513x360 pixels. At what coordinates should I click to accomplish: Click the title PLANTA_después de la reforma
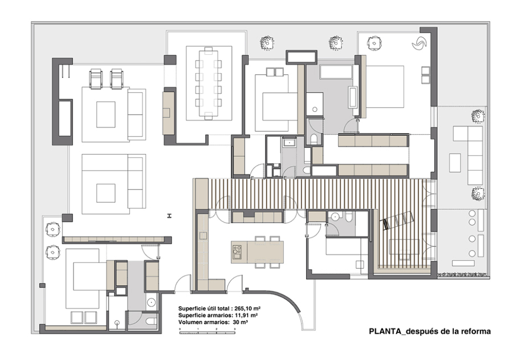pyautogui.click(x=430, y=331)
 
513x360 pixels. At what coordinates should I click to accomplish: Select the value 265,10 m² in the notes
pyautogui.click(x=247, y=309)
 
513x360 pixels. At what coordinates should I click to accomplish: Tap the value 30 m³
pyautogui.click(x=240, y=322)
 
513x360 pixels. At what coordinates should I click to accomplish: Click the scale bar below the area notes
pyautogui.click(x=207, y=333)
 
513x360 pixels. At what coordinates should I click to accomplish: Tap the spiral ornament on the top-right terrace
pyautogui.click(x=419, y=43)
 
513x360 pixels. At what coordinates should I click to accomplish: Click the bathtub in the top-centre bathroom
pyautogui.click(x=336, y=72)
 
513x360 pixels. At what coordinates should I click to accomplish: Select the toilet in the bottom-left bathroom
pyautogui.click(x=152, y=321)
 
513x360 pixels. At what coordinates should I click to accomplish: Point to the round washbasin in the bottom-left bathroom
pyautogui.click(x=151, y=302)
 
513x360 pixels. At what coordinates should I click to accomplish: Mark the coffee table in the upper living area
pyautogui.click(x=105, y=115)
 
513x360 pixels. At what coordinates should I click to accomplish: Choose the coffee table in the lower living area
pyautogui.click(x=105, y=193)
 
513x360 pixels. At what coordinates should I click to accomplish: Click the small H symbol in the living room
pyautogui.click(x=169, y=216)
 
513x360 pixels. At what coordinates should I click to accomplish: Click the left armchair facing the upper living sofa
pyautogui.click(x=96, y=79)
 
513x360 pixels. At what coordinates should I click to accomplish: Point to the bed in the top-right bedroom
pyautogui.click(x=385, y=87)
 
